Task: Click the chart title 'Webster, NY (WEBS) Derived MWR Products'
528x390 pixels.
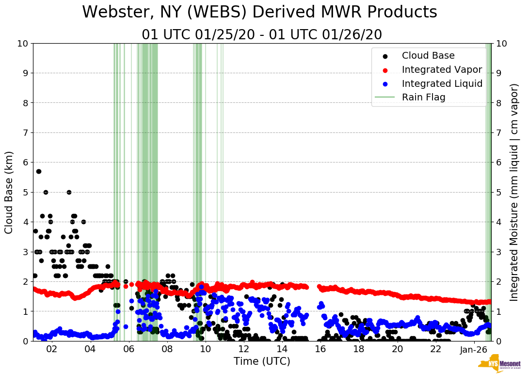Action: (x=259, y=12)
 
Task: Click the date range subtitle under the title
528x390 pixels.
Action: (x=262, y=35)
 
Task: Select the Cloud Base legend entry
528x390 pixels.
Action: (x=428, y=56)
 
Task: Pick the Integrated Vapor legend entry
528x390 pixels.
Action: (x=442, y=69)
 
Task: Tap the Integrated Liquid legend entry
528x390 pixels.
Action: (x=442, y=83)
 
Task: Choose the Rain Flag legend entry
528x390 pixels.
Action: (x=423, y=97)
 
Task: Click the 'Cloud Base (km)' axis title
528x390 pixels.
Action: (x=9, y=192)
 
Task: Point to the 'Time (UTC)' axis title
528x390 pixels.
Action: (x=262, y=361)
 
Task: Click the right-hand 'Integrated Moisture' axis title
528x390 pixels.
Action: (x=514, y=192)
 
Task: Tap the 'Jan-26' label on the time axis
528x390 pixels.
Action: (x=474, y=350)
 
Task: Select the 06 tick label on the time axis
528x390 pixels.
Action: (x=128, y=350)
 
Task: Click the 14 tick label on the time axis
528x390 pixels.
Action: (x=282, y=350)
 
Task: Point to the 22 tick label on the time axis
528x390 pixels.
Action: (x=436, y=350)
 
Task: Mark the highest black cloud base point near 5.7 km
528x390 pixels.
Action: (x=38, y=171)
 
